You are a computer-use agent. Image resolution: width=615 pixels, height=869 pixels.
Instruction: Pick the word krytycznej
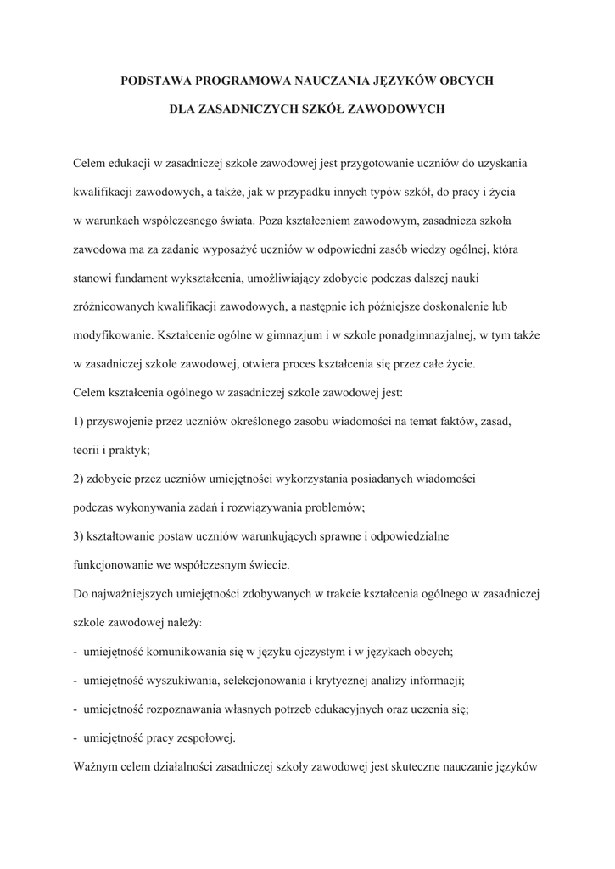tap(372, 681)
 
